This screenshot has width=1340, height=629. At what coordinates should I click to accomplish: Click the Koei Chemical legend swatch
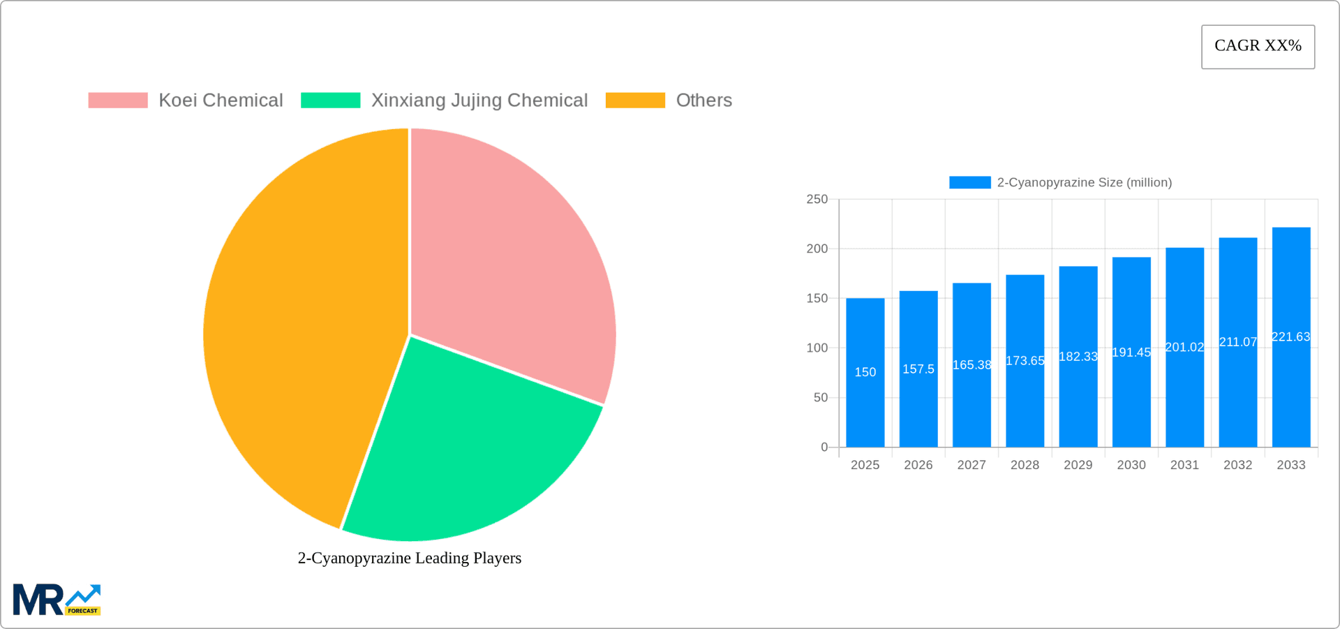pyautogui.click(x=118, y=101)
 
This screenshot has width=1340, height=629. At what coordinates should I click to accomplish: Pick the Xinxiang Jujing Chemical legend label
pyautogui.click(x=479, y=101)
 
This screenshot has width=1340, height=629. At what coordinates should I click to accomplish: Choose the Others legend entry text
pyautogui.click(x=703, y=101)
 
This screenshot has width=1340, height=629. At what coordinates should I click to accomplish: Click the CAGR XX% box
pyautogui.click(x=1258, y=47)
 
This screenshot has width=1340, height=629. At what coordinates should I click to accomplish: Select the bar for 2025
pyautogui.click(x=865, y=405)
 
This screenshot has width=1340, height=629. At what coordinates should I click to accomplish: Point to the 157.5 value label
pyautogui.click(x=918, y=369)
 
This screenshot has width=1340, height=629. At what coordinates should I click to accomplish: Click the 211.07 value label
pyautogui.click(x=1238, y=342)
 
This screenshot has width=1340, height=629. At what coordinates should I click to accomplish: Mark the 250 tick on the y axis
pyautogui.click(x=817, y=200)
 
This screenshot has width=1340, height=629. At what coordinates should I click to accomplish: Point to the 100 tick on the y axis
pyautogui.click(x=817, y=348)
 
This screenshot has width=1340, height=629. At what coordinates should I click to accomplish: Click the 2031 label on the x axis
pyautogui.click(x=1184, y=465)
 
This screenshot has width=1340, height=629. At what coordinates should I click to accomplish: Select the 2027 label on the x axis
pyautogui.click(x=971, y=465)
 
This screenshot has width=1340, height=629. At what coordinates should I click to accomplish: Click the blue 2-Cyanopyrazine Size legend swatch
pyautogui.click(x=969, y=182)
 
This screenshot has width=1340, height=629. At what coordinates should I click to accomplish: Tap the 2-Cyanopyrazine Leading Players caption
pyautogui.click(x=410, y=558)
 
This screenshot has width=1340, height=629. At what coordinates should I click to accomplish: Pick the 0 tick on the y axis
pyautogui.click(x=824, y=447)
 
